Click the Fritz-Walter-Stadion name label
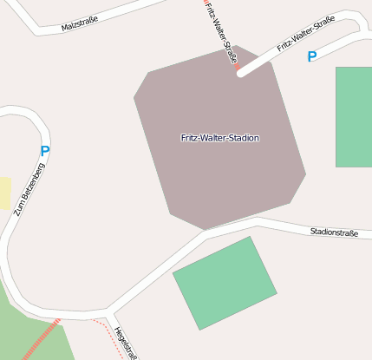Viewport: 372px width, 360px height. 219,138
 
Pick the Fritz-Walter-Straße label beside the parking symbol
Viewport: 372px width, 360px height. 305,37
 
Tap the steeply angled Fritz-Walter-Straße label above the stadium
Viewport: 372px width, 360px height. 223,33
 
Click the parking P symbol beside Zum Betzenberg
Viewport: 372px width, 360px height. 45,151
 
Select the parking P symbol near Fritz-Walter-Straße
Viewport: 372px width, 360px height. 312,56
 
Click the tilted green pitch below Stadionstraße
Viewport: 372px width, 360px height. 225,283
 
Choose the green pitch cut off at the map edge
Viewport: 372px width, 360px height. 354,116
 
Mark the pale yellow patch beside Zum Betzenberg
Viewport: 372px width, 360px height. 4,193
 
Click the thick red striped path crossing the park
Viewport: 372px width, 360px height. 42,339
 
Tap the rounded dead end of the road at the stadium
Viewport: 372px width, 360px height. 241,73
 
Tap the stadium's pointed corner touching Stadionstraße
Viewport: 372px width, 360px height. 206,230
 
